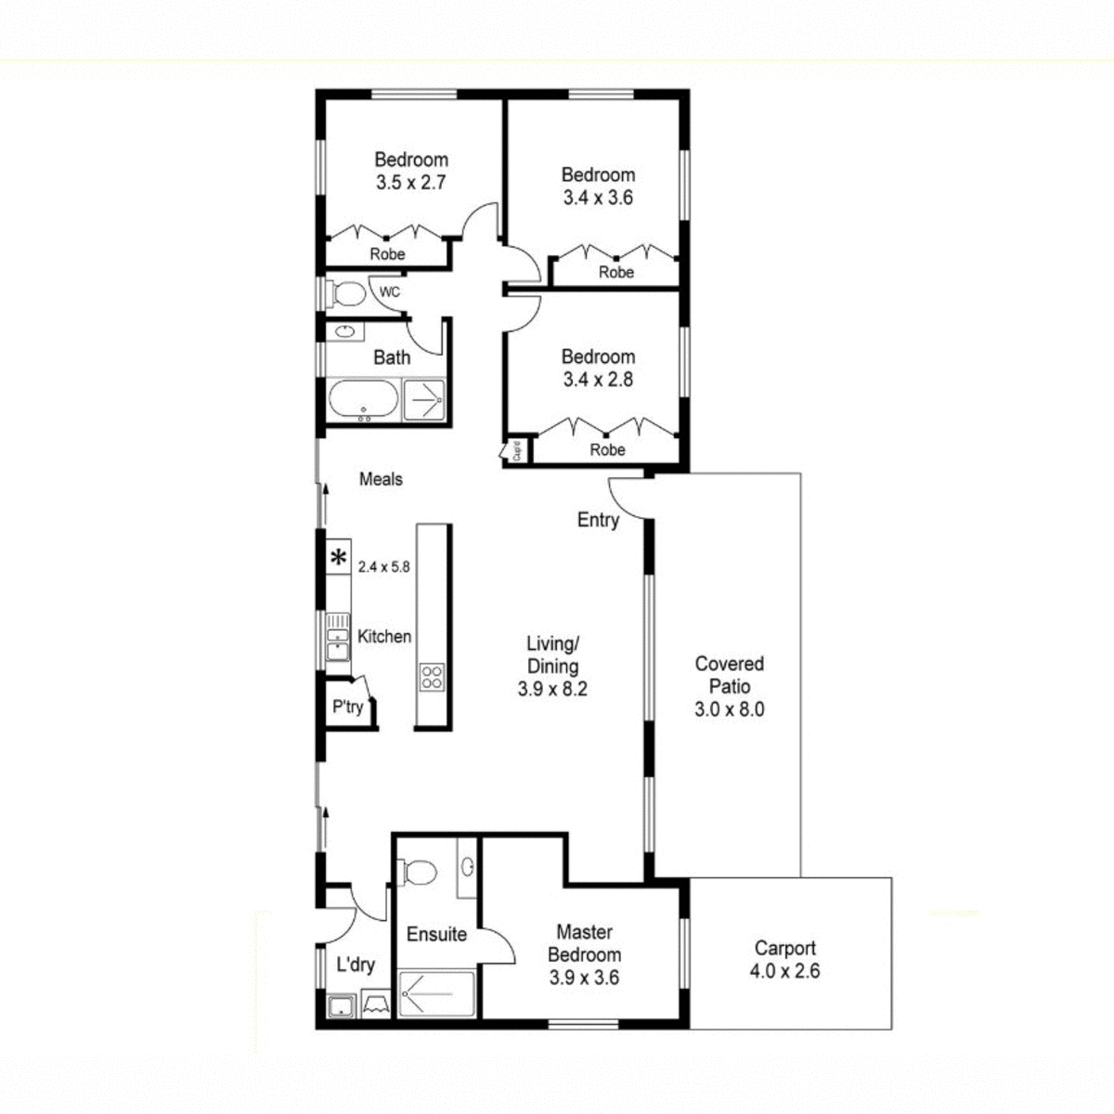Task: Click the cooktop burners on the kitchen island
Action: [x=432, y=677]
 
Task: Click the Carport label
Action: [x=784, y=948]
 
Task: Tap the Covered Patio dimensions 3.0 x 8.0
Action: [x=729, y=710]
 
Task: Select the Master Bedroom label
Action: [x=584, y=943]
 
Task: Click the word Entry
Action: [x=598, y=520]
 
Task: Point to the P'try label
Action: [x=348, y=706]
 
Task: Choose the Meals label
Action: [x=381, y=479]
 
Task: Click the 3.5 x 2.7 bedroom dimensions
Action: [x=411, y=183]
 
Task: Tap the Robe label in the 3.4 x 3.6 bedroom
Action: [x=616, y=272]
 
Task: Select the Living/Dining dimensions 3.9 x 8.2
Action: [x=553, y=689]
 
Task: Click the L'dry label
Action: [x=356, y=965]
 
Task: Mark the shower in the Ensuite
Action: [x=436, y=994]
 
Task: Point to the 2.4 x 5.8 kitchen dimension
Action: [x=383, y=566]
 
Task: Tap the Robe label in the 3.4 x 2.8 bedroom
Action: [x=608, y=449]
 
